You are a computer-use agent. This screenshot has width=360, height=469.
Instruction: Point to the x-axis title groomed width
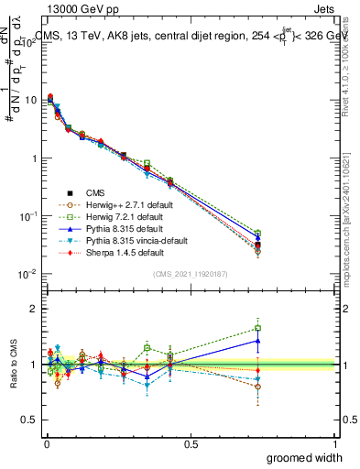pyautogui.click(x=306, y=457)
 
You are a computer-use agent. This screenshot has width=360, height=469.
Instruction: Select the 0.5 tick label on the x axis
pyautogui.click(x=191, y=444)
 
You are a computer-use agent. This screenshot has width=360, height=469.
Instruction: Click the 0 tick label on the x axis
pyautogui.click(x=46, y=444)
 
